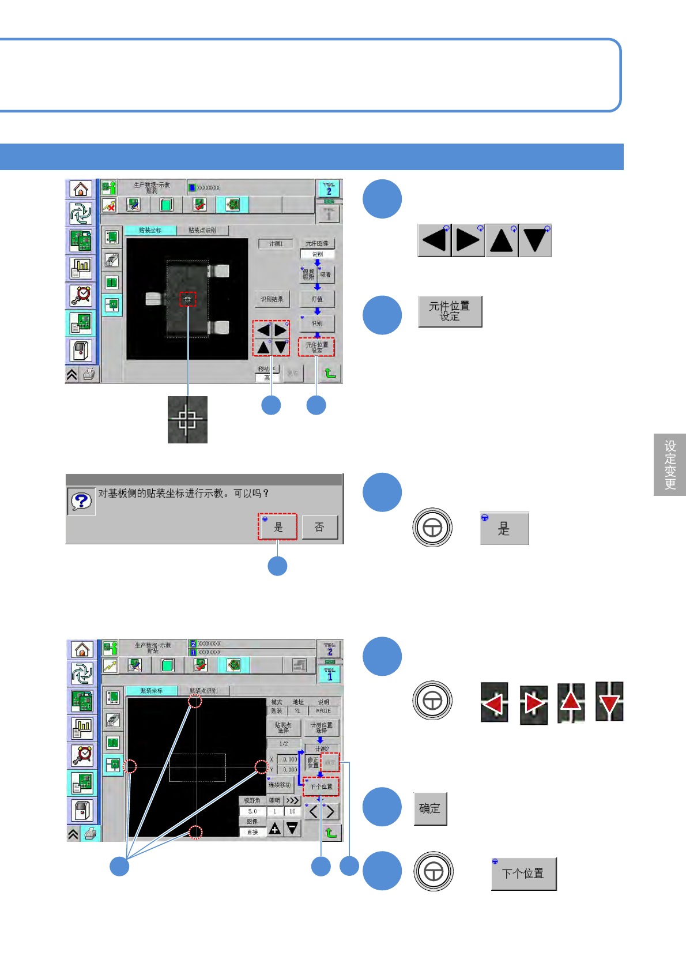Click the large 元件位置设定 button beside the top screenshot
[450, 311]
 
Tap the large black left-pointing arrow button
[434, 240]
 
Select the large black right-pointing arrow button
[468, 240]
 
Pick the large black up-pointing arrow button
[502, 240]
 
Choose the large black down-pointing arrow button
[535, 240]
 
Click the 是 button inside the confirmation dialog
[277, 526]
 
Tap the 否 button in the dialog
[319, 527]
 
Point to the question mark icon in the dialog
[81, 501]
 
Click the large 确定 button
[430, 808]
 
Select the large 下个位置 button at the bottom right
[523, 874]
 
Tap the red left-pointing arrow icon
[494, 702]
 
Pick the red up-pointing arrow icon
[571, 702]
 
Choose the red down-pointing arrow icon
[609, 702]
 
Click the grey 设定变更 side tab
[670, 464]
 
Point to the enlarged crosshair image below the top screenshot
[187, 419]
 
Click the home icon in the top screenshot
[81, 189]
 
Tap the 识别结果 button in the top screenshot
[272, 299]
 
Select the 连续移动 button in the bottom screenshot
[280, 785]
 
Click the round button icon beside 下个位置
[433, 871]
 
